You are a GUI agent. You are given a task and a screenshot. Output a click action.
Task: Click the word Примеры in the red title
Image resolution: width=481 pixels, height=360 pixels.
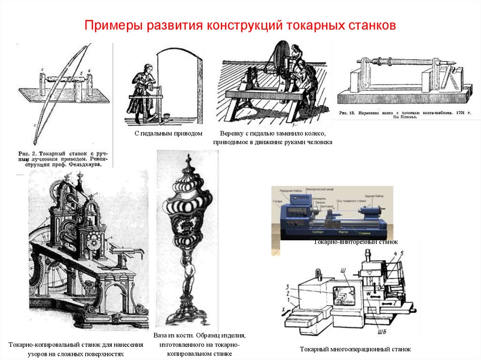pyautogui.click(x=108, y=25)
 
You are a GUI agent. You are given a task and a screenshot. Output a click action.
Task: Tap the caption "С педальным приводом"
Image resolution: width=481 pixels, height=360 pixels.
pyautogui.click(x=168, y=134)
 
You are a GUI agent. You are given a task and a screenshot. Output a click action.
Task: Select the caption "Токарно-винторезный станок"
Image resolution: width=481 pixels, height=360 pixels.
pyautogui.click(x=356, y=242)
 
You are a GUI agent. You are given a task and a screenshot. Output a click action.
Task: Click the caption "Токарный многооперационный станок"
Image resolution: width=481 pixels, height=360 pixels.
pyautogui.click(x=355, y=349)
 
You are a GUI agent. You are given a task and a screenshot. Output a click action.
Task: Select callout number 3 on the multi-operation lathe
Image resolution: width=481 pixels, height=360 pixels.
pyautogui.click(x=287, y=286)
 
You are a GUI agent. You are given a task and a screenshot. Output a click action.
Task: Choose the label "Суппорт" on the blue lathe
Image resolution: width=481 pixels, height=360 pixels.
pyautogui.click(x=318, y=231)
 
